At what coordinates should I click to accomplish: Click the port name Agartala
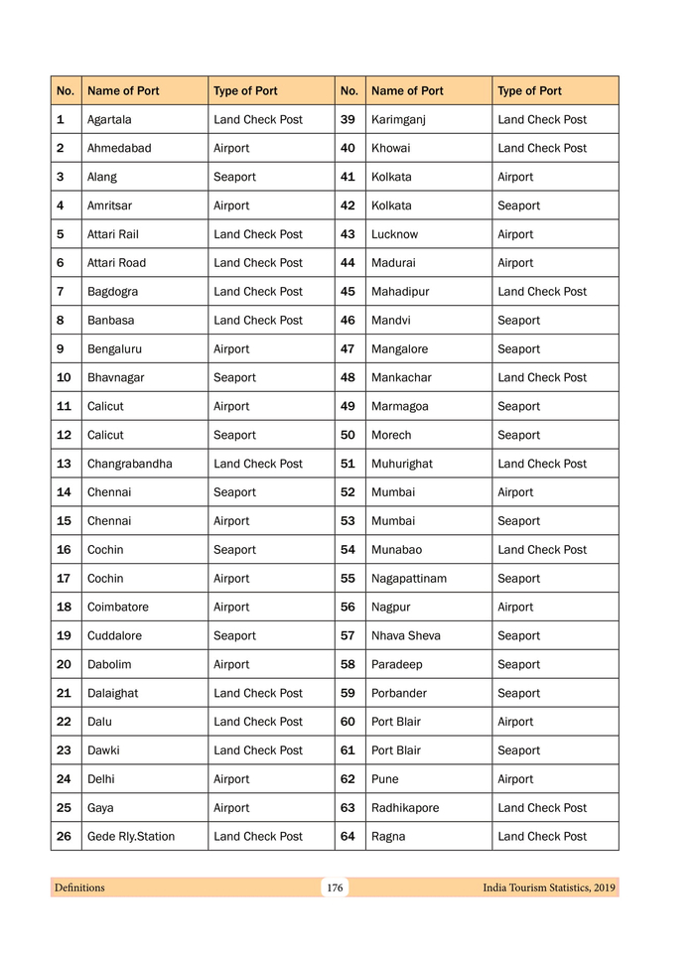tap(109, 119)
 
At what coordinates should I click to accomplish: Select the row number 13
tap(64, 464)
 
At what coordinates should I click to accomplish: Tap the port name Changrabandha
tap(129, 464)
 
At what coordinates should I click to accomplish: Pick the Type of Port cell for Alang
tap(234, 177)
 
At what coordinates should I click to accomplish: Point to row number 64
tap(347, 836)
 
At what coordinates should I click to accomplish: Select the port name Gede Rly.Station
tap(131, 836)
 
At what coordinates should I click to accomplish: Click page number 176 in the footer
tap(335, 887)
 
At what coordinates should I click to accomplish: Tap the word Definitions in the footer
tap(79, 887)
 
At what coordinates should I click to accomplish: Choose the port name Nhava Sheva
tap(405, 635)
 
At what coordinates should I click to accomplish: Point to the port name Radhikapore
tap(405, 807)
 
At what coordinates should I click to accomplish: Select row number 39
tap(347, 119)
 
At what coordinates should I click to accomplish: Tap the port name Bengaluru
tap(113, 348)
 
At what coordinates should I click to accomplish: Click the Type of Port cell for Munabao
tap(542, 549)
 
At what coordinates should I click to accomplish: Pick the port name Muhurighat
tap(402, 464)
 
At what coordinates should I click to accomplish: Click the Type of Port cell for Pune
tap(515, 779)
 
